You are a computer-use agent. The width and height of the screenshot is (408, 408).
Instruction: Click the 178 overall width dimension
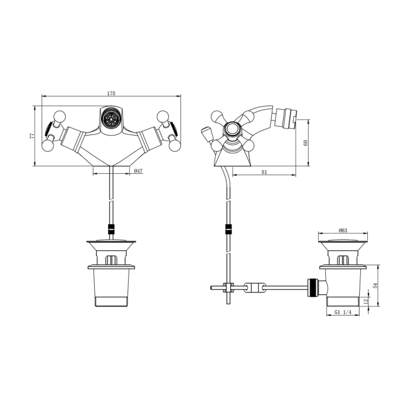click(111, 93)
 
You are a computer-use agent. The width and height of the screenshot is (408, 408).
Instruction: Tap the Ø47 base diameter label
click(138, 171)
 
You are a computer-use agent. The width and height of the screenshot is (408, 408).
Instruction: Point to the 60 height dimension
click(306, 142)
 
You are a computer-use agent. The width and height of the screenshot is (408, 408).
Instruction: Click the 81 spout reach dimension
click(264, 171)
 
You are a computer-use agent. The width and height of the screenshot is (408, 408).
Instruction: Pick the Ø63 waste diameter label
click(343, 229)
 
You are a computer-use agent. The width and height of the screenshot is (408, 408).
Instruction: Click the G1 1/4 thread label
click(342, 312)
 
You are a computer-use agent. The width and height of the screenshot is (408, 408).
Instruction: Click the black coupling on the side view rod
click(229, 229)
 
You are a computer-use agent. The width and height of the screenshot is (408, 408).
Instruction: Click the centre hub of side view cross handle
click(232, 131)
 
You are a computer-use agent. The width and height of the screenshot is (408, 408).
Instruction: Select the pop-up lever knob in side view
click(205, 133)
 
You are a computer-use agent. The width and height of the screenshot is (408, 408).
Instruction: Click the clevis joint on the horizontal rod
click(252, 288)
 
